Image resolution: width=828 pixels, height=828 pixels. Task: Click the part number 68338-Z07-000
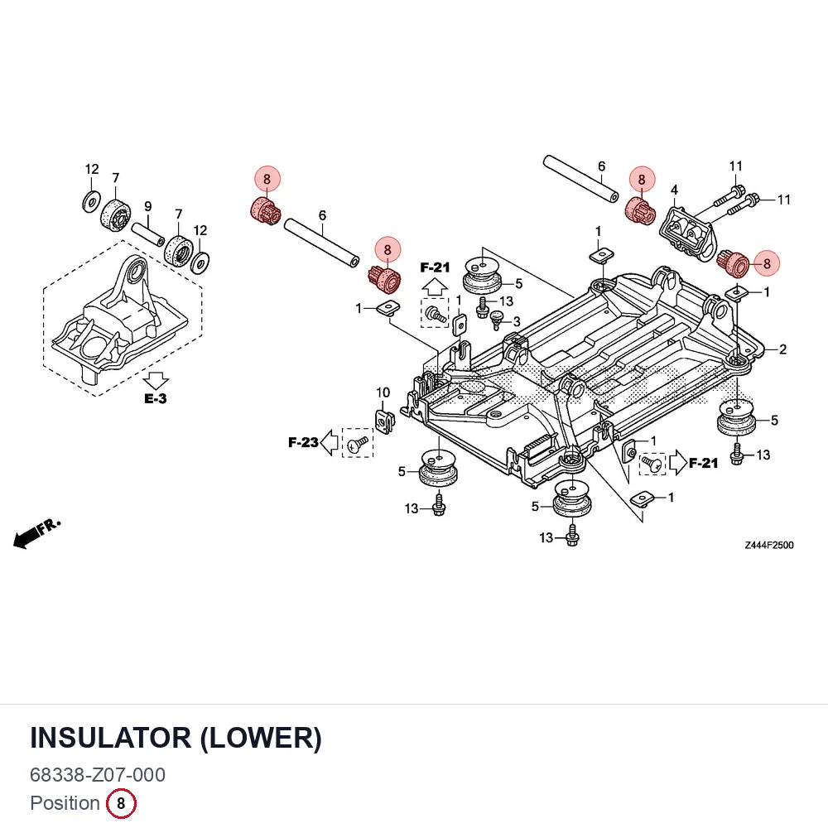(x=98, y=775)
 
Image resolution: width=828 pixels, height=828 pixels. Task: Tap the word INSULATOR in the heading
(x=111, y=738)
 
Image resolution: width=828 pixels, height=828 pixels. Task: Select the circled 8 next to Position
(x=121, y=803)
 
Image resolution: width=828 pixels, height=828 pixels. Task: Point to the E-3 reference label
(x=156, y=399)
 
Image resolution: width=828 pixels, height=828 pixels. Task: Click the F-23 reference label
(x=303, y=442)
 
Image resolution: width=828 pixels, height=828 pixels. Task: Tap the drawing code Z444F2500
(x=769, y=545)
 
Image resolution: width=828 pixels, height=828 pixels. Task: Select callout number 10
(x=383, y=392)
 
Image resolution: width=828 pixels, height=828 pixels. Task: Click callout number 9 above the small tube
(x=148, y=206)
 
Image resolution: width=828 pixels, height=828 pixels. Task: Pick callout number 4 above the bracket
(x=674, y=190)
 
